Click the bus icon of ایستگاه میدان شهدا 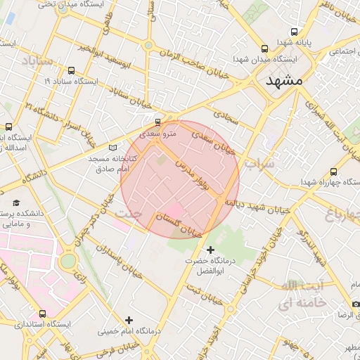pos(264,49)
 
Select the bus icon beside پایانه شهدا pos(294,32)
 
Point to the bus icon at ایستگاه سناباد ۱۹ pos(72,71)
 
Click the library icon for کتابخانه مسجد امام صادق pos(113,148)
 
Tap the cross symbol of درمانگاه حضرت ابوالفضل pos(210,250)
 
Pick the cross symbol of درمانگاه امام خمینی pos(129,320)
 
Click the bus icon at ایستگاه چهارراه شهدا pos(333,171)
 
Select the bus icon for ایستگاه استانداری pos(43,314)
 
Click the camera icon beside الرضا pos(356,304)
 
